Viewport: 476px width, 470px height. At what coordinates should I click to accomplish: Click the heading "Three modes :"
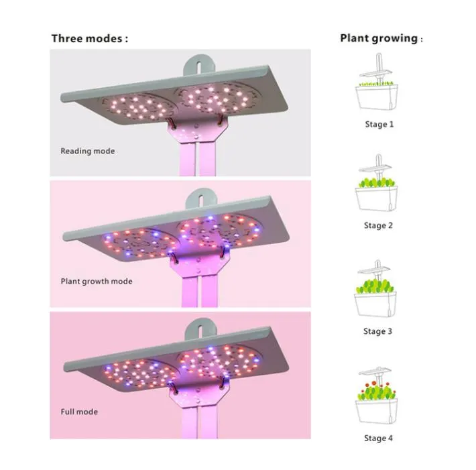coord(89,38)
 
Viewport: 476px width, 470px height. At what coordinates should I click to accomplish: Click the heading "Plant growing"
coord(379,38)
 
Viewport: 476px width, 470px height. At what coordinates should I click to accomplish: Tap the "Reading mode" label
coord(87,151)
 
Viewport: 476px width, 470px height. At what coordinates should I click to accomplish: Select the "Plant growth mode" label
coord(97,281)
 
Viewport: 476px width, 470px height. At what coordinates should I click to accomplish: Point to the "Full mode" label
coord(79,411)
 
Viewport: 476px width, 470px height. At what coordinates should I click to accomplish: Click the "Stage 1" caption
coord(379,124)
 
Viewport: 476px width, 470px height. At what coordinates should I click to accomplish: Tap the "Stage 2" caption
coord(379,225)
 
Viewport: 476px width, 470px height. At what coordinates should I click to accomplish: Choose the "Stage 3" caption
coord(379,331)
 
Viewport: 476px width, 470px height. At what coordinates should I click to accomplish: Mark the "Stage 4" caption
coord(379,438)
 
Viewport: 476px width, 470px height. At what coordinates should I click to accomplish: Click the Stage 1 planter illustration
coord(379,94)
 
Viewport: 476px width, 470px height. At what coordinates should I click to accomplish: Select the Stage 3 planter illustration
coord(379,298)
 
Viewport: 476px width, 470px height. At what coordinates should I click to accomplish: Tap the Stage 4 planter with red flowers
coord(379,402)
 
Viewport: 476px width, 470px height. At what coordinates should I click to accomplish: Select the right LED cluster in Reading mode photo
coord(215,96)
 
